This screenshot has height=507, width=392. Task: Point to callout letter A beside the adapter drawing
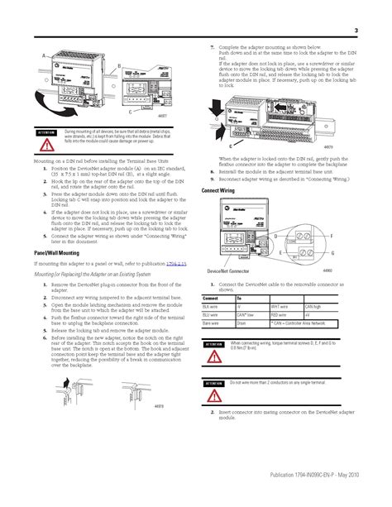[36, 54]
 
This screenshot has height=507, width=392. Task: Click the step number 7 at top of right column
[212, 48]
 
